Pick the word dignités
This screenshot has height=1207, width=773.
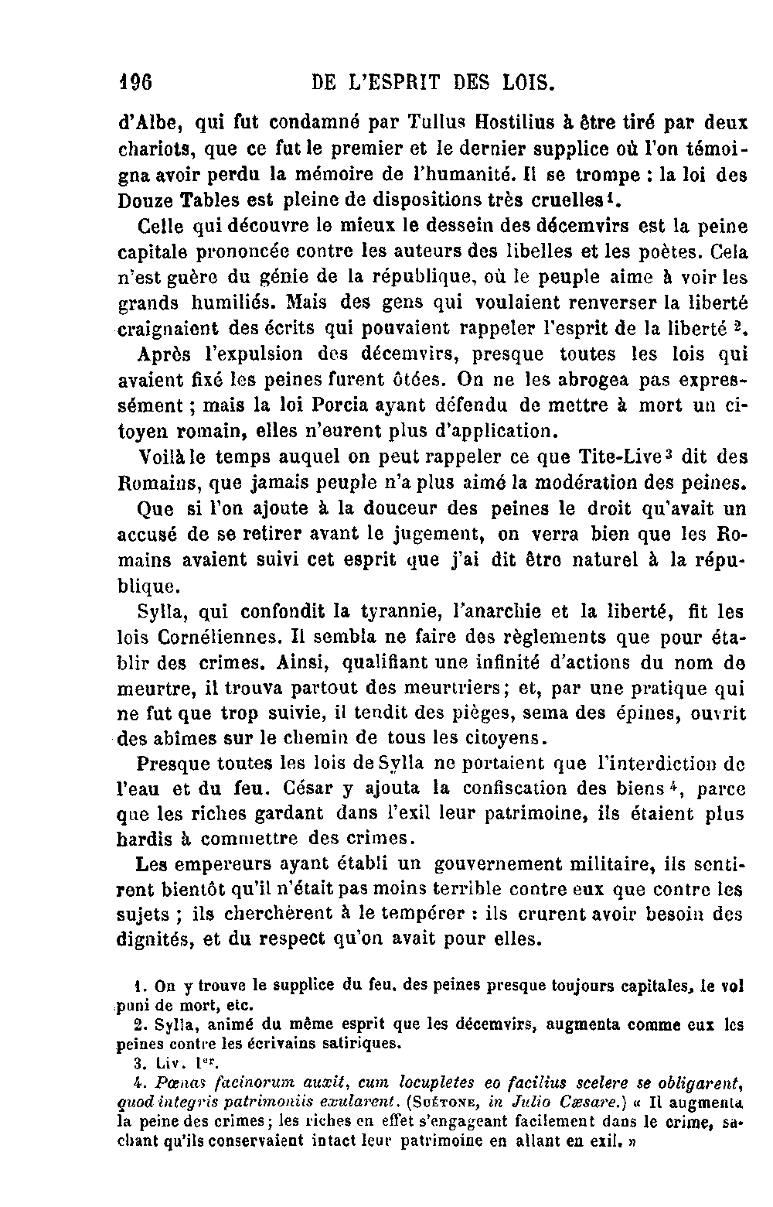tap(156, 940)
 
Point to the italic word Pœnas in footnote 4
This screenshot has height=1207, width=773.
tap(181, 1081)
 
